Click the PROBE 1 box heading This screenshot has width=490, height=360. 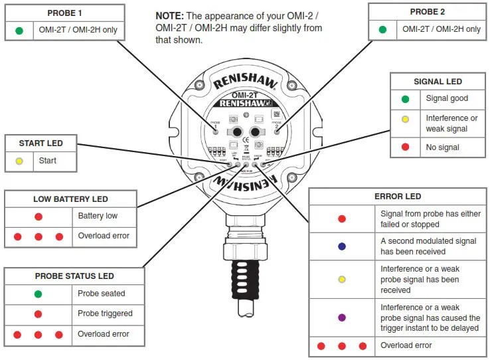tap(66, 13)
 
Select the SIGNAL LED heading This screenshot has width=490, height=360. tap(438, 82)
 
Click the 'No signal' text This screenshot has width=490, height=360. tap(442, 147)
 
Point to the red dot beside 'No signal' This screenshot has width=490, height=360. tap(405, 147)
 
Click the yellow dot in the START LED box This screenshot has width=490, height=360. tap(19, 161)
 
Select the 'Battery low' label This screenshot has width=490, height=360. tap(98, 216)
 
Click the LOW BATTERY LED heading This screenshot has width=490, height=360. tap(70, 199)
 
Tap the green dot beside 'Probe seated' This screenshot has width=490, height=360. tap(38, 294)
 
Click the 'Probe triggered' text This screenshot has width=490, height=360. tap(105, 314)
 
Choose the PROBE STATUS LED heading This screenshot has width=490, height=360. tap(74, 276)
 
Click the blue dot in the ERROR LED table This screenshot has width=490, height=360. tap(342, 246)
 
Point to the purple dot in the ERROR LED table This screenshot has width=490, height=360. tap(342, 318)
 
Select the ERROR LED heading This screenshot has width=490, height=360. tap(398, 197)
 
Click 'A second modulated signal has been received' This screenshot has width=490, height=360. tap(428, 246)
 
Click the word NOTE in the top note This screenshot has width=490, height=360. tap(169, 15)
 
